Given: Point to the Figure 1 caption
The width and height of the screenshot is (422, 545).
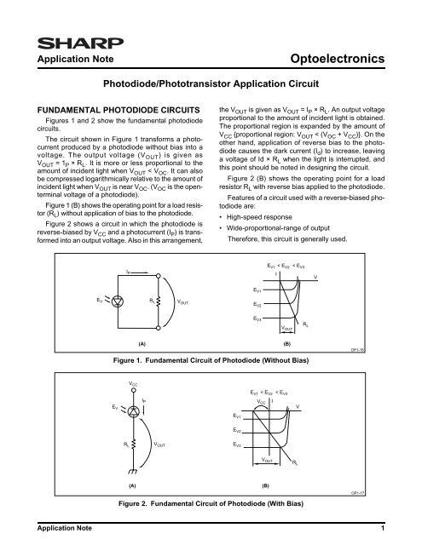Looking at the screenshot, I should click(211, 361).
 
